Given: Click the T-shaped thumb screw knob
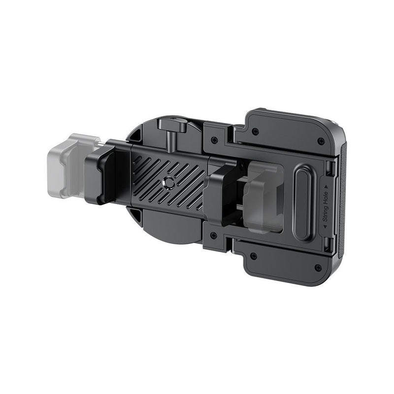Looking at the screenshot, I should (x=172, y=127).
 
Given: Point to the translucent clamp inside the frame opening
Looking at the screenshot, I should (x=264, y=197).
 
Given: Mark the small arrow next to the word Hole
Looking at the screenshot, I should (x=326, y=187).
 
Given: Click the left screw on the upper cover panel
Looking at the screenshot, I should (x=255, y=131).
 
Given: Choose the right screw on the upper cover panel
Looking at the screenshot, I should (x=321, y=141).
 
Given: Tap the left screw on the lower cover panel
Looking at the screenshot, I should (x=253, y=256).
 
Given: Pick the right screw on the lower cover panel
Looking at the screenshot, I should (x=318, y=267).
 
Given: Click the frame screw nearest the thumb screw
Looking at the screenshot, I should (x=214, y=140).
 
